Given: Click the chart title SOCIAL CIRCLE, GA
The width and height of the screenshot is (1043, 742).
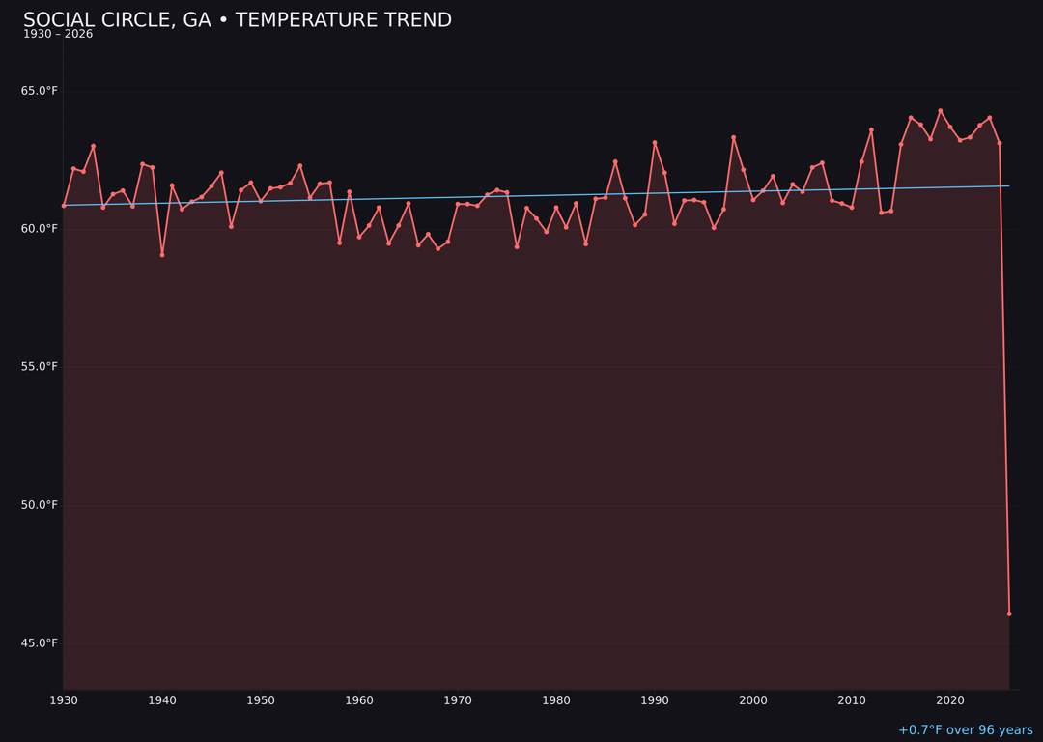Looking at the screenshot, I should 237,20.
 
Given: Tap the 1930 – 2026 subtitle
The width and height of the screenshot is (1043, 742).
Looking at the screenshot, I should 58,35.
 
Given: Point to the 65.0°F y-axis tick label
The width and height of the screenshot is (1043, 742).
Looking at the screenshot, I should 40,91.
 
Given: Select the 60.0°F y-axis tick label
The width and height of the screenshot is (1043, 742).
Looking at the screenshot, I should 40,229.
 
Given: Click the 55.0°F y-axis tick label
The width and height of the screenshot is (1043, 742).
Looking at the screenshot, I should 40,367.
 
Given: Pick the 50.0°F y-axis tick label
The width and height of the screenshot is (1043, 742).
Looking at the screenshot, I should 40,505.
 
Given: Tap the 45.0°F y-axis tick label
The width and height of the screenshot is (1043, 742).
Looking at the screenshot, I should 40,643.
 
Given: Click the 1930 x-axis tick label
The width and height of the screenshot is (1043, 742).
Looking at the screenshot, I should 64,700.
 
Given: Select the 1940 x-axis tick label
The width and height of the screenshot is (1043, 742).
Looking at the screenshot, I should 162,700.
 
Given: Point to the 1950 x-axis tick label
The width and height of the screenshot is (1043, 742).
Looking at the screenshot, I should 261,700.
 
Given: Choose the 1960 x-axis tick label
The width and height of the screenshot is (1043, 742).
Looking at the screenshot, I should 359,700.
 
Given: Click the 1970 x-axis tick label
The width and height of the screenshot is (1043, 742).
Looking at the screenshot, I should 458,700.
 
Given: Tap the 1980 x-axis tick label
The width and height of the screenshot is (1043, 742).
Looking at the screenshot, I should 556,700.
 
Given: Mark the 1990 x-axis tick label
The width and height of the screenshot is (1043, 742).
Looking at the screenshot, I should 655,700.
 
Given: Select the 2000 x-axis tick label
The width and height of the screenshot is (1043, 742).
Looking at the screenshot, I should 753,700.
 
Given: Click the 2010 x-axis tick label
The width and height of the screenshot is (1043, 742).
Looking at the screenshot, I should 852,700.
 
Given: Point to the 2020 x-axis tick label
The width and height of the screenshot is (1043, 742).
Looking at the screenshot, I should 950,700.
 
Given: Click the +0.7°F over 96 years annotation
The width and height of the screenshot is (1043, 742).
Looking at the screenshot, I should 965,730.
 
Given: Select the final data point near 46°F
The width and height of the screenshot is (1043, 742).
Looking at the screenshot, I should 1009,614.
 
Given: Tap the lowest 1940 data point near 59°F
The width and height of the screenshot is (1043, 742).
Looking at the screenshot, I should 162,255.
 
